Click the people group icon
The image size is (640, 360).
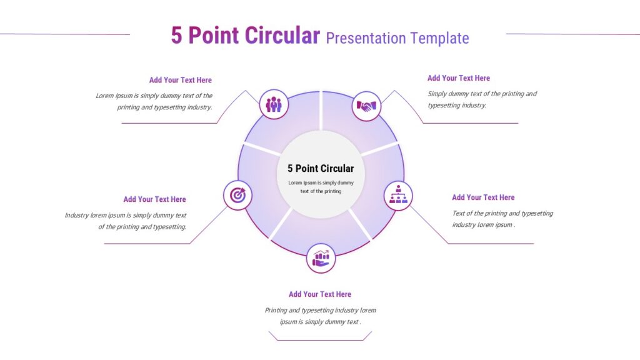[274, 104]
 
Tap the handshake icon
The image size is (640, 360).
[366, 106]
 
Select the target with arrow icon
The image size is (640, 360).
[237, 195]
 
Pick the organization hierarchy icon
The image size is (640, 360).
[398, 194]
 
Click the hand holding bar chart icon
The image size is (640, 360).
[321, 258]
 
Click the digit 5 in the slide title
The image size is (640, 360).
[176, 35]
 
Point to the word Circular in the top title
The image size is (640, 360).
[282, 35]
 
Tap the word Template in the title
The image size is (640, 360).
[439, 38]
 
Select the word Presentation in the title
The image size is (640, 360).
[366, 38]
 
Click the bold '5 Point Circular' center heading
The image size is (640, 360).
[321, 168]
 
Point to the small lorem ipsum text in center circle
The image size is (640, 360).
[321, 187]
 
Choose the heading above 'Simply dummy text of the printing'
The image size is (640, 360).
[458, 78]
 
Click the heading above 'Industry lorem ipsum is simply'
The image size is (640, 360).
[155, 199]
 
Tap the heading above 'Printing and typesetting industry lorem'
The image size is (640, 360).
[320, 294]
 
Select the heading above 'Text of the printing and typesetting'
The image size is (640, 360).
[483, 197]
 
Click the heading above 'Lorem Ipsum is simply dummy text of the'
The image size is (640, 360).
[181, 80]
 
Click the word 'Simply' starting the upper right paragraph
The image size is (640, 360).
[437, 94]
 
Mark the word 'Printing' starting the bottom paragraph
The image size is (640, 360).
[276, 310]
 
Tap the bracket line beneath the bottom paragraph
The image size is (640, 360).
[321, 340]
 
